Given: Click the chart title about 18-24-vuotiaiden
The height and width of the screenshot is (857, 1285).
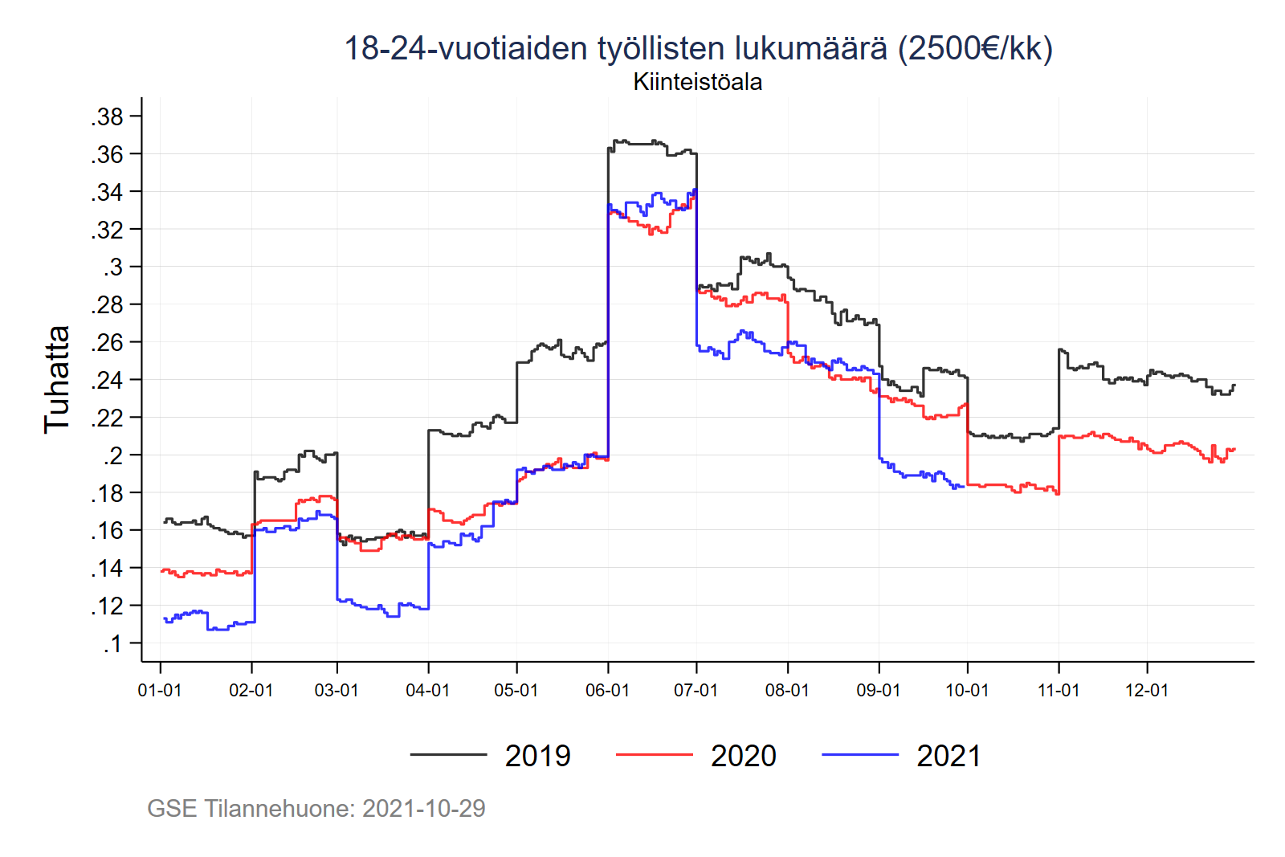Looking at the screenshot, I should pos(698,48).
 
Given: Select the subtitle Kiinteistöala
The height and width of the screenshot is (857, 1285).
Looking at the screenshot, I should pos(697,82).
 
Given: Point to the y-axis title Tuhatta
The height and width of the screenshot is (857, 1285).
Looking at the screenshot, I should pos(57,379).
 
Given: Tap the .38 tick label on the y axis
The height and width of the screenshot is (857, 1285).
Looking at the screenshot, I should pos(107,116).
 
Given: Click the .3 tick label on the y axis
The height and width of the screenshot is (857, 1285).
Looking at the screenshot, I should pos(112,267).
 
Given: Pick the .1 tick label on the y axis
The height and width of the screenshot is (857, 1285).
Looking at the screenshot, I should pos(112,643).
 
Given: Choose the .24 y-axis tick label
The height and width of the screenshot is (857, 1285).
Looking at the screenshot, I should pos(107,380).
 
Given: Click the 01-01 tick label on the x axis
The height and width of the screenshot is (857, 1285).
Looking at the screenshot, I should pos(160,690).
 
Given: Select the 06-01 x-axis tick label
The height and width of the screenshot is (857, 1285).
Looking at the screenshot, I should pos(607,690).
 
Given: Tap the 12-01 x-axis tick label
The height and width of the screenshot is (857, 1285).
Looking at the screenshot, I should pos(1146,690).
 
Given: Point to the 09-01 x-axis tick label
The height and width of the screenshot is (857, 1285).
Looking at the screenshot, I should pos(879,690).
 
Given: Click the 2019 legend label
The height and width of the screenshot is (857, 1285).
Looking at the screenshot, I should pos(537,756).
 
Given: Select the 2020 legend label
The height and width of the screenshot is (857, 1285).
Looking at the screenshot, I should pos(743,756).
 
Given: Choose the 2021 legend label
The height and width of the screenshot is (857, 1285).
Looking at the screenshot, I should pos(948,756).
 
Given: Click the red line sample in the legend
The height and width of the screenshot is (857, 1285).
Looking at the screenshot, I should pos(654,755).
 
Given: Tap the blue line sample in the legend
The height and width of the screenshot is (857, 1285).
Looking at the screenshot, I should pos(859,755).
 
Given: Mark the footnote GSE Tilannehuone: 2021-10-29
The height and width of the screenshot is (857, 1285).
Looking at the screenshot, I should pos(316,808).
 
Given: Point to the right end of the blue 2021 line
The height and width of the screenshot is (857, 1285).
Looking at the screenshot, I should pos(963,487).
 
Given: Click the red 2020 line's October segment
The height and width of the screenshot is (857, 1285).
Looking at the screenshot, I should pos(1012,486).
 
